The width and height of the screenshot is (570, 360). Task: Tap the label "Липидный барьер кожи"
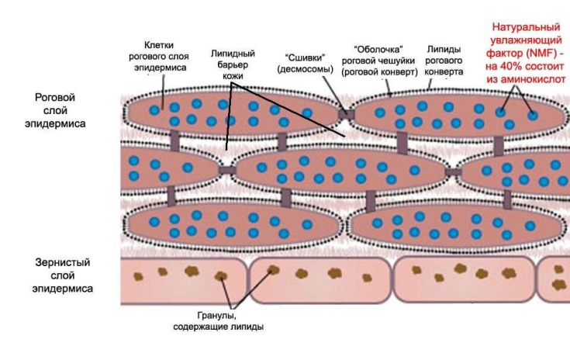(x=233, y=64)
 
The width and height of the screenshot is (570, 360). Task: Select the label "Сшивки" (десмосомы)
(x=304, y=63)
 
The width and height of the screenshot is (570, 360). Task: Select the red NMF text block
(x=527, y=51)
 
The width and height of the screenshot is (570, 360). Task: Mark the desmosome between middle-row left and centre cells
(x=227, y=169)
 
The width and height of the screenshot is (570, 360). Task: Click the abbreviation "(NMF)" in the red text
(x=534, y=51)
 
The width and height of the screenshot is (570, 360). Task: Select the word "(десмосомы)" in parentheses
(x=304, y=69)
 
